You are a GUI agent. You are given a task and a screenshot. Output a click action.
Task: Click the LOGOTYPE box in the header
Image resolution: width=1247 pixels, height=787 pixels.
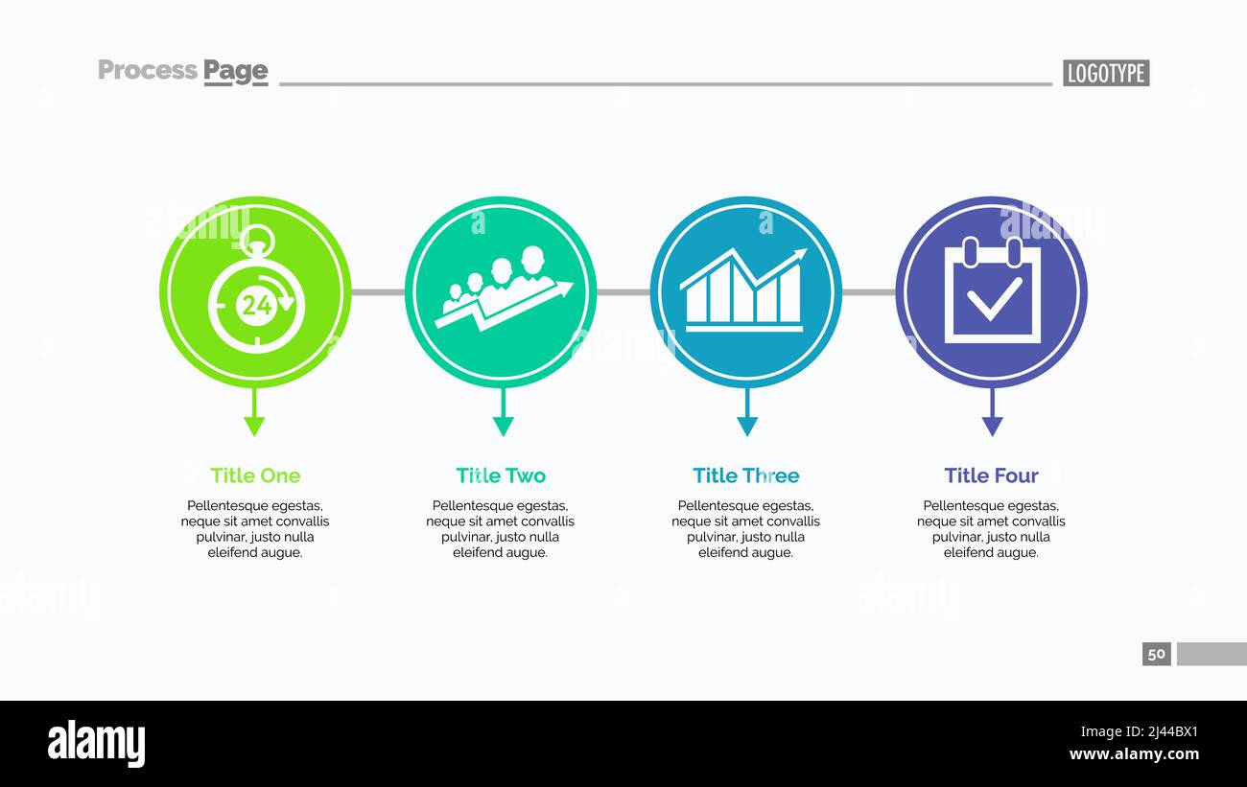(1105, 73)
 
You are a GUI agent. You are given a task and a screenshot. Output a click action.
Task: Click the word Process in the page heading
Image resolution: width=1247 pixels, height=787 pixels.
(148, 70)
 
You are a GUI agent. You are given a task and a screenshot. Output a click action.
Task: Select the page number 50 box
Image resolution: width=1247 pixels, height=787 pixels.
(1156, 654)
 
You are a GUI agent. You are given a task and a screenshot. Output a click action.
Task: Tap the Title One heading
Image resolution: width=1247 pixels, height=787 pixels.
(255, 475)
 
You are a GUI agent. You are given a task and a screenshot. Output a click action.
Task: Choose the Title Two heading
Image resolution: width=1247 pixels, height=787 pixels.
(501, 475)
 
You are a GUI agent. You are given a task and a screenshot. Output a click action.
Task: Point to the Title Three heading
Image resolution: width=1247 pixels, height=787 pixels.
(745, 475)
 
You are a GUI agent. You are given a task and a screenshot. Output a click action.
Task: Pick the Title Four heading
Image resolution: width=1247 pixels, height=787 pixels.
(991, 475)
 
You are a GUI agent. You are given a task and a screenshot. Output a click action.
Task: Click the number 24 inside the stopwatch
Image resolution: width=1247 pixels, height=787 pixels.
(256, 306)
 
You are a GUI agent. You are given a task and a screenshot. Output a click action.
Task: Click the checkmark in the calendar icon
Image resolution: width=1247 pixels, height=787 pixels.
(993, 299)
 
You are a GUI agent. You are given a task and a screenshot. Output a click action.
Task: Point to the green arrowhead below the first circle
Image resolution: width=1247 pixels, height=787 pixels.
(254, 426)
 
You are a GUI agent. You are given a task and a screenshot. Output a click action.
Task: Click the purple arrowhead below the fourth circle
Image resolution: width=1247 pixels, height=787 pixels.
(992, 426)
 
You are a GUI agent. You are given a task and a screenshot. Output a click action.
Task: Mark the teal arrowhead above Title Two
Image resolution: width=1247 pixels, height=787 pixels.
(503, 426)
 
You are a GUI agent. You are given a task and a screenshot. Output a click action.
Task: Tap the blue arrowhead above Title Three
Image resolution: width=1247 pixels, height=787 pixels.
(747, 426)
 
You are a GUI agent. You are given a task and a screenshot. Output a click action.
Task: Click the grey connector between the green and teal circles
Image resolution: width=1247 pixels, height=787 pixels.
(378, 291)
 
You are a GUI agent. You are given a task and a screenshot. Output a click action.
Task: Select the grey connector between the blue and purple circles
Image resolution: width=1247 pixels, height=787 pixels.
(869, 291)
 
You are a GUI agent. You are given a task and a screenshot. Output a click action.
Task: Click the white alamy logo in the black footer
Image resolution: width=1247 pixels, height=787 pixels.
(96, 744)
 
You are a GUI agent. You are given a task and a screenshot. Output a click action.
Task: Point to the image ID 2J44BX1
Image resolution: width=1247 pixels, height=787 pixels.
(1158, 732)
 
